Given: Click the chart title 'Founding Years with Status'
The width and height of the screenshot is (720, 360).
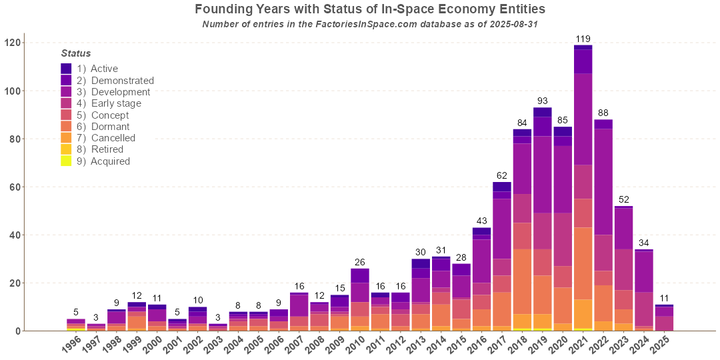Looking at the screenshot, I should click(370, 9).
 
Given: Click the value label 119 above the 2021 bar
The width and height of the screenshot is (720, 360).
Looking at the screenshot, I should click(583, 39).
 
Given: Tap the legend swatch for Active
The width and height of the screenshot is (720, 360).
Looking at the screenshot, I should click(66, 69).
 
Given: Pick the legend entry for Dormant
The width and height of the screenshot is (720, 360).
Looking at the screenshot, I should click(110, 127).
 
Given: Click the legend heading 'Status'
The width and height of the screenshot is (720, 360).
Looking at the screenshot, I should click(76, 53).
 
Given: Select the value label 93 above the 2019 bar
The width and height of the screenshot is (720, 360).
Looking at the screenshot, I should click(542, 101).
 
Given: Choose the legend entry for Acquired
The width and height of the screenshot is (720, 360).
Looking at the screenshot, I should click(110, 161).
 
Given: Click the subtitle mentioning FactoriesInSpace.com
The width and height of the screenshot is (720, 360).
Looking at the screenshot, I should click(370, 25).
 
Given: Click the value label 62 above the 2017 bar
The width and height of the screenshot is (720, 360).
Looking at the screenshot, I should click(501, 175).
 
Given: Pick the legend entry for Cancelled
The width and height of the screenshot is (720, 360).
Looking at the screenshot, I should click(113, 138).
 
